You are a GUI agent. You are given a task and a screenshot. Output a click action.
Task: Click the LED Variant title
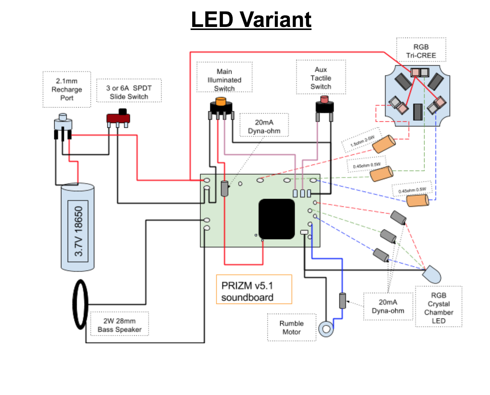[251, 19]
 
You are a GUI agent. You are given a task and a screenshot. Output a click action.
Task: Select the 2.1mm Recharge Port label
[67, 90]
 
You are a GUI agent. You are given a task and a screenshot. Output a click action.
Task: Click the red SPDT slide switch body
[118, 118]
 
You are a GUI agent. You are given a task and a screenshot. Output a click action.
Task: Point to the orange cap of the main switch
[221, 101]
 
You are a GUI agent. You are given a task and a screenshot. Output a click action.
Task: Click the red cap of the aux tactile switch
[324, 100]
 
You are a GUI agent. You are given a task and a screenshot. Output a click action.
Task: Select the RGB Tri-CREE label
[421, 51]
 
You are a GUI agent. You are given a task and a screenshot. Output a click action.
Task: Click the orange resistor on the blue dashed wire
[417, 200]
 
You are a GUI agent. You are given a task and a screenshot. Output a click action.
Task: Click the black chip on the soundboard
[277, 219]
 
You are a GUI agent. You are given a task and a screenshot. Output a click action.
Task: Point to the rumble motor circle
[326, 329]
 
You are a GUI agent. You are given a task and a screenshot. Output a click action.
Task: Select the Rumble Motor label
[291, 328]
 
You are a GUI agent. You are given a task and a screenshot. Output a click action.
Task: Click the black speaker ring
[80, 304]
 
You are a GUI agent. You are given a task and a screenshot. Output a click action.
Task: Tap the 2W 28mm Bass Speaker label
[119, 325]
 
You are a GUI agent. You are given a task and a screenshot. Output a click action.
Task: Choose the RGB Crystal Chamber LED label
[438, 308]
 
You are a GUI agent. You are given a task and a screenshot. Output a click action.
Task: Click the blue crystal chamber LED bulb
[432, 275]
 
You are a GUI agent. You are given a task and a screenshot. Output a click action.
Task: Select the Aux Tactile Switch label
[321, 78]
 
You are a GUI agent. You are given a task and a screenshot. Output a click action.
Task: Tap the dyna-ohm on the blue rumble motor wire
[342, 301]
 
